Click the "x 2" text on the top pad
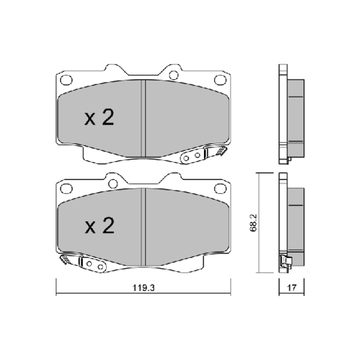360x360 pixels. [100, 119]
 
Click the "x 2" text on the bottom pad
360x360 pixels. [100, 226]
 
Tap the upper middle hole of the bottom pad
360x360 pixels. [113, 183]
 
